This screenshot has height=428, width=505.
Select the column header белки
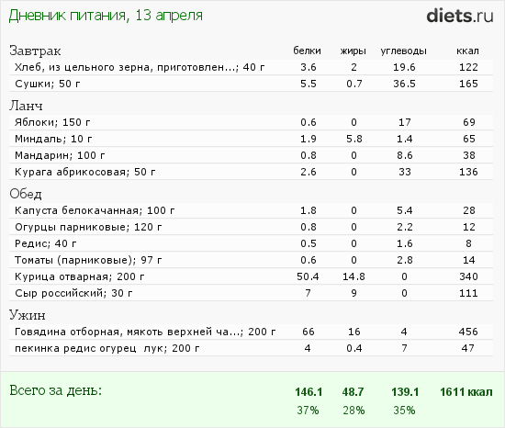click(308, 51)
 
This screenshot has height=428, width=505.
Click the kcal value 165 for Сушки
click(468, 84)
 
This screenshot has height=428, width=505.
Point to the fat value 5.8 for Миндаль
click(354, 137)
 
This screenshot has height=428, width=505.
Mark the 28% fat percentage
click(354, 409)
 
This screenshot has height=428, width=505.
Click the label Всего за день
click(55, 390)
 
